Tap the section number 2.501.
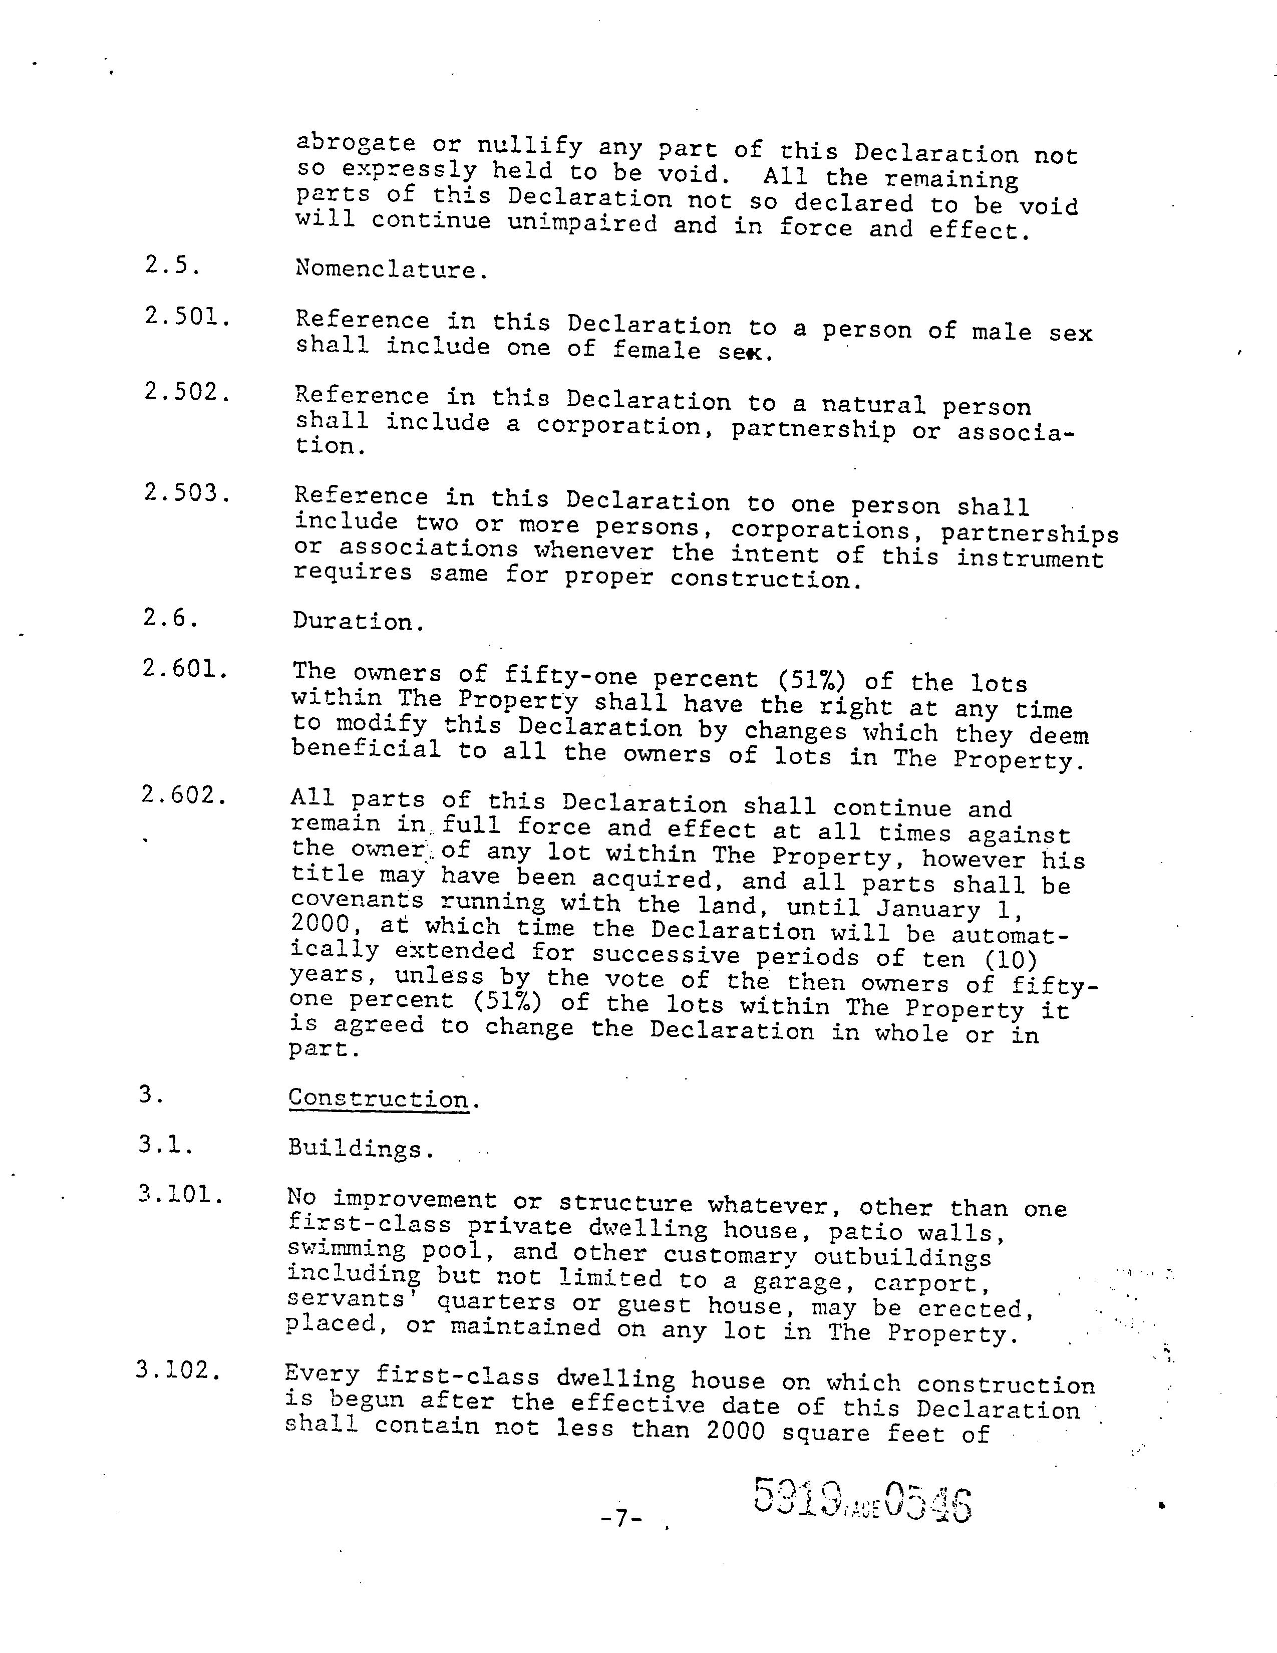coord(187,317)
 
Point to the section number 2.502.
coord(187,392)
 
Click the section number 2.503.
coord(186,493)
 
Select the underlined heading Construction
coord(378,1098)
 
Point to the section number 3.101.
coord(180,1195)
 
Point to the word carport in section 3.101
coord(925,1284)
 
